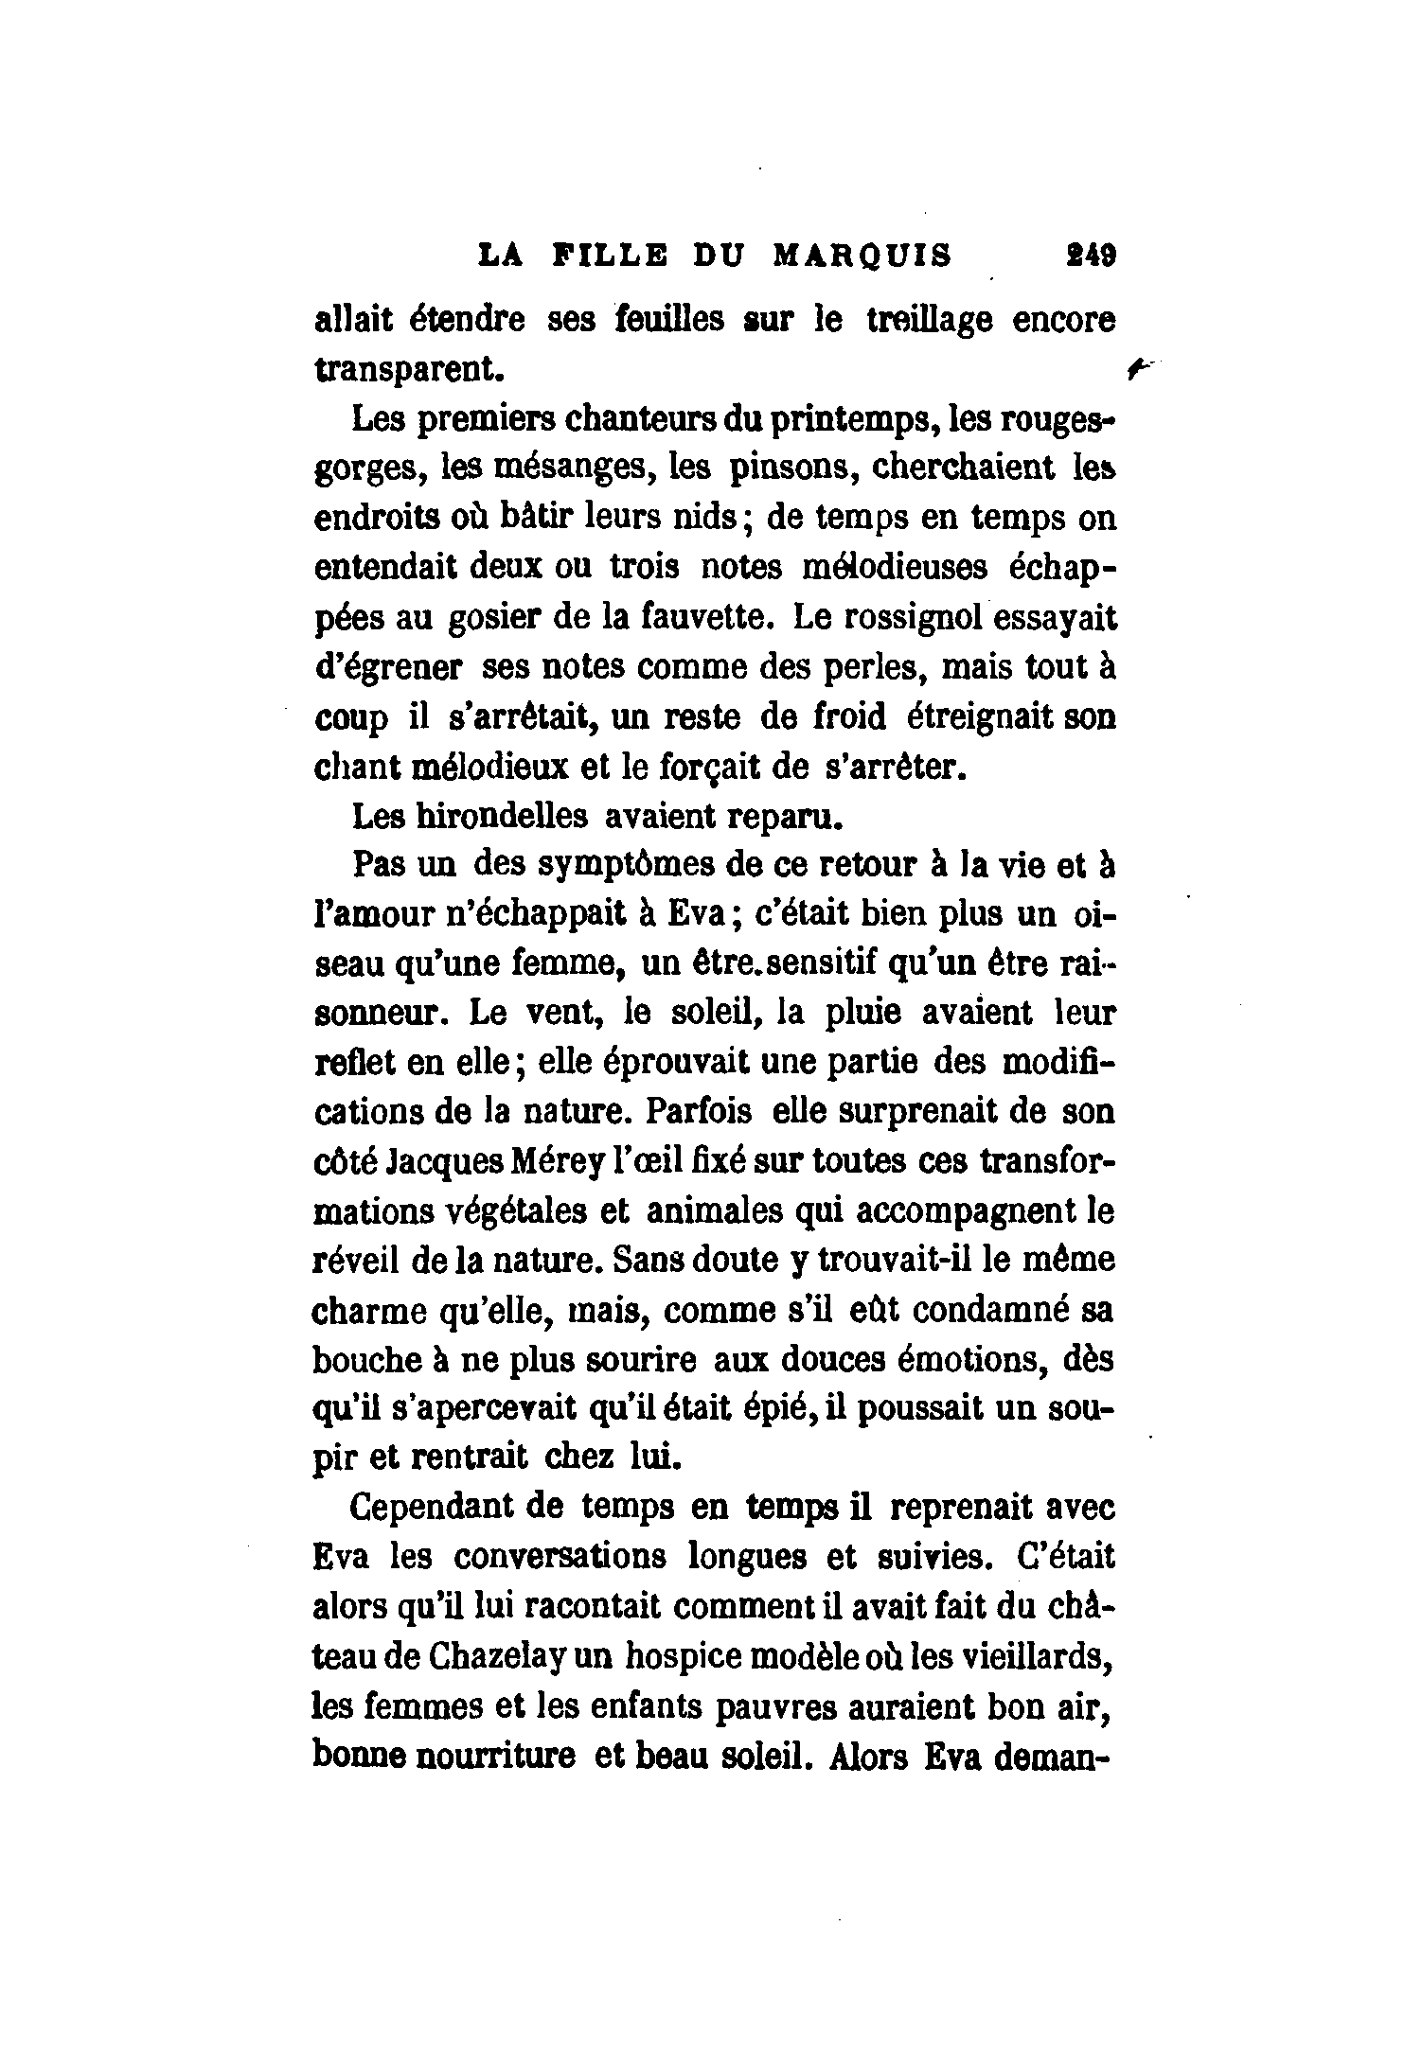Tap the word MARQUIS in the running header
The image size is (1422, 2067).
point(862,256)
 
